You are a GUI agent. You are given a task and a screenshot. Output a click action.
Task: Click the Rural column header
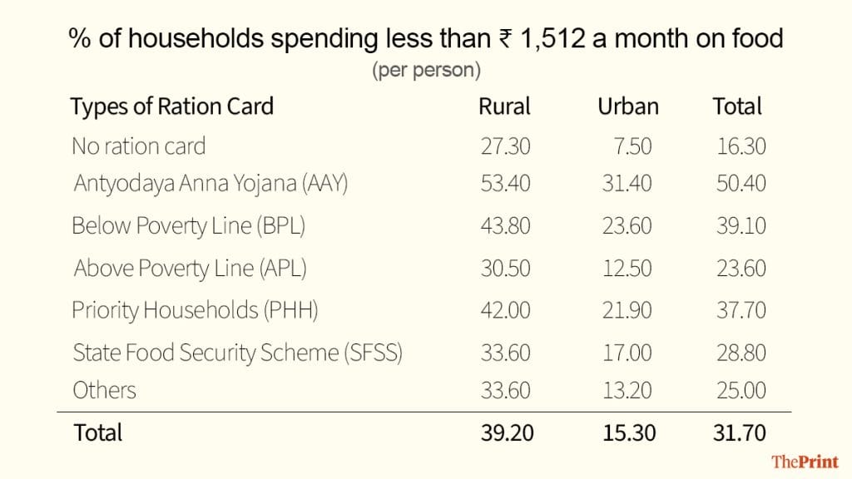504,106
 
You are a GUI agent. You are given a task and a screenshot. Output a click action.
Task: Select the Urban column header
627,106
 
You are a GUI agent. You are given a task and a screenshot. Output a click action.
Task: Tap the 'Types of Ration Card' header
172,106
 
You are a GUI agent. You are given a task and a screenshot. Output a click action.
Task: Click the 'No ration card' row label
138,146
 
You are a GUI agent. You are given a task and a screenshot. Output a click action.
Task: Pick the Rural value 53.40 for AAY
505,183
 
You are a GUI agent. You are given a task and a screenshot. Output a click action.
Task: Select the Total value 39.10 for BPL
741,226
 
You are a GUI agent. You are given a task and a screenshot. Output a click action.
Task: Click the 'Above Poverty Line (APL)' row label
191,269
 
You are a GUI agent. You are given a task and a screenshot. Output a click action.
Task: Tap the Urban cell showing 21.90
627,310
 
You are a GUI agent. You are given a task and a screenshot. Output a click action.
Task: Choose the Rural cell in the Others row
505,390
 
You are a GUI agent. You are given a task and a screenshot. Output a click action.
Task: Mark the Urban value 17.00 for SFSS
627,352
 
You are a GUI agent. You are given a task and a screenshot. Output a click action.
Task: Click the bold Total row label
97,432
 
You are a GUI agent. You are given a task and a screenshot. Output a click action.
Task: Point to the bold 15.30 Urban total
627,432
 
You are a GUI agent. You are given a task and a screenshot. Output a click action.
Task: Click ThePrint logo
804,462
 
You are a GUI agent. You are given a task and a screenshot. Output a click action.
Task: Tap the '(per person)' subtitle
426,71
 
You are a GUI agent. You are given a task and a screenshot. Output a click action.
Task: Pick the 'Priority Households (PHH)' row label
195,310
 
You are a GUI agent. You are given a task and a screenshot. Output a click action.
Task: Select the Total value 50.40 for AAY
741,183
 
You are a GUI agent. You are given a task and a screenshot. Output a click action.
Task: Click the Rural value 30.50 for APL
505,269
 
